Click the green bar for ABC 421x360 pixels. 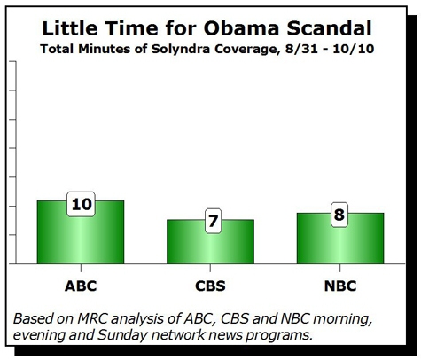coord(81,232)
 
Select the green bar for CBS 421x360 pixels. coord(210,241)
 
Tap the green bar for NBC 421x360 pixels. coord(340,239)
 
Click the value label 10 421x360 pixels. coord(82,204)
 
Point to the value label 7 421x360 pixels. coord(213,221)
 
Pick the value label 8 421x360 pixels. coord(339,215)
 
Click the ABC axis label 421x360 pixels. coord(81,286)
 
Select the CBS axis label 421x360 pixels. coord(210,286)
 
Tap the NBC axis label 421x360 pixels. coord(340,286)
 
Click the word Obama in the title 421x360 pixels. coord(241,28)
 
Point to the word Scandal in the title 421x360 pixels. coord(330,28)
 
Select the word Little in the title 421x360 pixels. coord(70,28)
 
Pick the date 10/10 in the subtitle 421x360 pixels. coord(354,49)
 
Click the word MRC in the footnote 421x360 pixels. coord(92,318)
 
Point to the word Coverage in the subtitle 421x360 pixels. coord(247,50)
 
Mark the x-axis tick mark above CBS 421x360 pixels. coord(210,268)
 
